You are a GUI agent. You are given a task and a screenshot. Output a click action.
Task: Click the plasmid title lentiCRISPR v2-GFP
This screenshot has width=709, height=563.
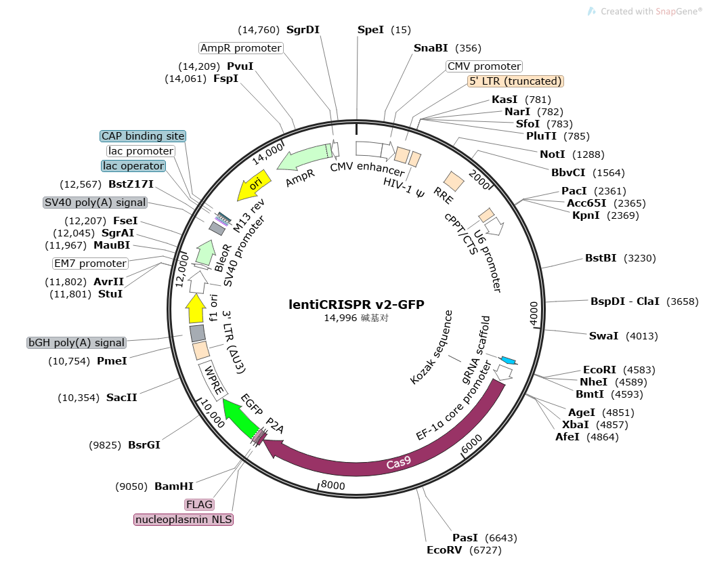tap(356, 305)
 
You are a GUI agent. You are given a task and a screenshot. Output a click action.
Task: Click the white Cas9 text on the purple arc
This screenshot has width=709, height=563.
tap(398, 464)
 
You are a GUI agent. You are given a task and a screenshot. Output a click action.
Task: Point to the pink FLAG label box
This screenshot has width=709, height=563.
tap(200, 505)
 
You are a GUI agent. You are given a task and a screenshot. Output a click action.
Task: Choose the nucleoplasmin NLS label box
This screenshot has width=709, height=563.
tap(184, 520)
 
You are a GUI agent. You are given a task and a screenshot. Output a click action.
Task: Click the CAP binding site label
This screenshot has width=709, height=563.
tap(142, 136)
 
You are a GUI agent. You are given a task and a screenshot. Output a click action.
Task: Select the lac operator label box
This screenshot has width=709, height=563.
tap(133, 166)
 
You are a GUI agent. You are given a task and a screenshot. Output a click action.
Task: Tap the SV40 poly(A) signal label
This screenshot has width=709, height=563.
tap(95, 202)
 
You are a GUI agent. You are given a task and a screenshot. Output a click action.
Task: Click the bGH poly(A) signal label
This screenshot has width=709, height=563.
tap(77, 343)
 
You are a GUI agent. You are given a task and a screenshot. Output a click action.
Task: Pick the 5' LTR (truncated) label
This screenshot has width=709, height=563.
tap(515, 81)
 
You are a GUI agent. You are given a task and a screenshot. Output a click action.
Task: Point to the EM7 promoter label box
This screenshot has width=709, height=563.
tap(90, 264)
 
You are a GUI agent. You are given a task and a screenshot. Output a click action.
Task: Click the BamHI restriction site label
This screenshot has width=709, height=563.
tap(174, 486)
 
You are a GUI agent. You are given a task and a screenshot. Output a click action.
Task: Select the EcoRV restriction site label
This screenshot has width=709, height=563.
tap(444, 550)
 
